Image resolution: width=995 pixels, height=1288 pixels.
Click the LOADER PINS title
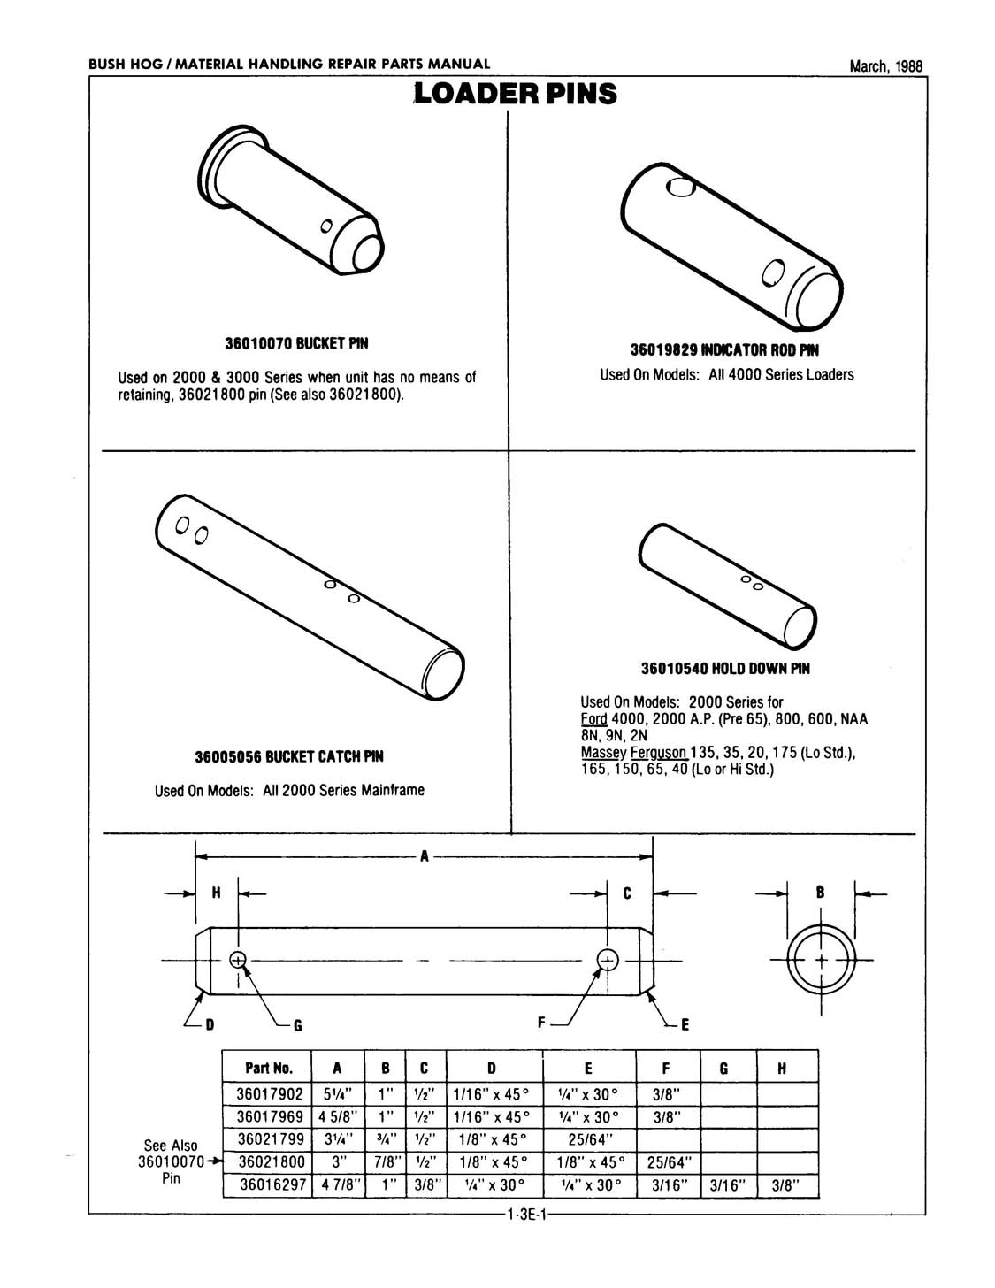tap(516, 94)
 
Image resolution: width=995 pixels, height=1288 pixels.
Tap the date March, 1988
tap(885, 66)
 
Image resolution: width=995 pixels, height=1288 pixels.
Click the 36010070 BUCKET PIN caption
tap(296, 342)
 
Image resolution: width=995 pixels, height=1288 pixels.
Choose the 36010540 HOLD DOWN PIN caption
tap(725, 669)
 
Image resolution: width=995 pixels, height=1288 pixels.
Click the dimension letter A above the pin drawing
tap(425, 856)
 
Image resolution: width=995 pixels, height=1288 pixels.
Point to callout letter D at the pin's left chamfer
tap(210, 1025)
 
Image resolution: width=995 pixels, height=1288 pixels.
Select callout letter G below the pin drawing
tap(298, 1025)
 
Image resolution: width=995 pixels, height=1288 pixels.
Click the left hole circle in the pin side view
tap(237, 960)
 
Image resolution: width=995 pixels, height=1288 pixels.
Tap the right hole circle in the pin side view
tap(607, 960)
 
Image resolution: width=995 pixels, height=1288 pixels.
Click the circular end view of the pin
tap(821, 960)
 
